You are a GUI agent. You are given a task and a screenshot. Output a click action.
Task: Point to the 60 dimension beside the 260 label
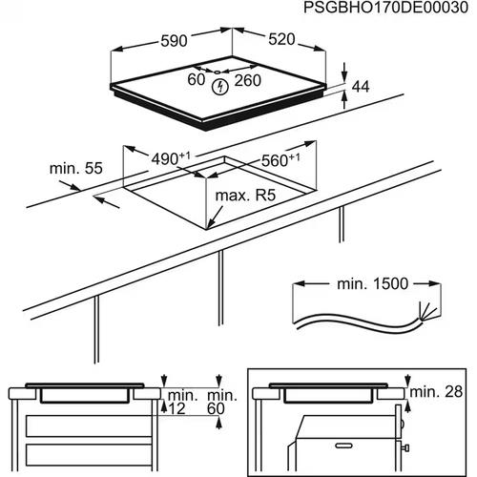pyautogui.click(x=197, y=80)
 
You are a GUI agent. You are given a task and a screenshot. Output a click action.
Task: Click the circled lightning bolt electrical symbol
pyautogui.click(x=222, y=87)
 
